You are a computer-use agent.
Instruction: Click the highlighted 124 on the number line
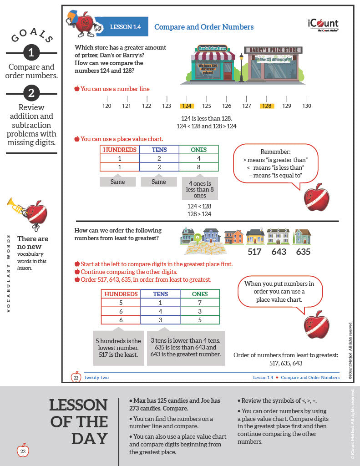[187, 106]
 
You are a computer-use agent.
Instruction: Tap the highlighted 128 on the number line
[267, 106]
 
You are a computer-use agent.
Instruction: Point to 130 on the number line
[307, 106]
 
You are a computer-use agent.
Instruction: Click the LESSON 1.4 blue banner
[125, 27]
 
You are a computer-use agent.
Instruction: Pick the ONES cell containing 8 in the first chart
[199, 167]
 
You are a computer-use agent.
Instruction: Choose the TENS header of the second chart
[160, 294]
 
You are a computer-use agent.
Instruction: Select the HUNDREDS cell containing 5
[120, 303]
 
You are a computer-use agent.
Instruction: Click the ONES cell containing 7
[199, 303]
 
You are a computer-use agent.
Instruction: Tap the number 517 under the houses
[254, 252]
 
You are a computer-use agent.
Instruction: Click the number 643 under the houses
[279, 252]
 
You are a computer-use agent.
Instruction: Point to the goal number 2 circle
[31, 93]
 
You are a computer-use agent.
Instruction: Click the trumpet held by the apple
[17, 207]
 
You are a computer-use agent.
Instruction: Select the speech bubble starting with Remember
[276, 164]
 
